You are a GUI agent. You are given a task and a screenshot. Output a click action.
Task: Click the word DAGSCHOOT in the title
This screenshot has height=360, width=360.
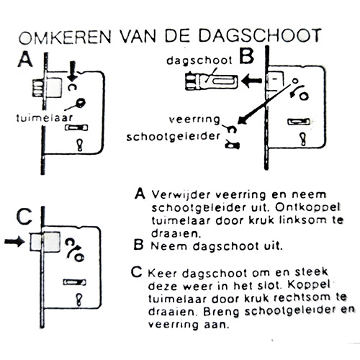pyautogui.click(x=260, y=36)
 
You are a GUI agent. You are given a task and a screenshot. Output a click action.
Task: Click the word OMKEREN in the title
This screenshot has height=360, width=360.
pyautogui.click(x=65, y=37)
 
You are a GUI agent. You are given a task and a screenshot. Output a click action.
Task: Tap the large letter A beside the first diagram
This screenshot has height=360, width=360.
pyautogui.click(x=25, y=60)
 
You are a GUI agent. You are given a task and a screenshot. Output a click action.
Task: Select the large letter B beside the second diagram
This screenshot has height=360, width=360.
pyautogui.click(x=246, y=56)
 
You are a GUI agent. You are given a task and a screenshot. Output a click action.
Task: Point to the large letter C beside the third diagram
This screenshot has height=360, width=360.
pyautogui.click(x=24, y=216)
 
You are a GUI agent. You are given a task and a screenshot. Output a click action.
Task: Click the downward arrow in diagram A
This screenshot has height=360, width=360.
pyautogui.click(x=73, y=71)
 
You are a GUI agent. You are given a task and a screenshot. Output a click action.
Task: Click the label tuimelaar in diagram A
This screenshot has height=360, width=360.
pyautogui.click(x=45, y=118)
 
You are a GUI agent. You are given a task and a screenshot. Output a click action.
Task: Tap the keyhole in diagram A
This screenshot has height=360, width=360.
pyautogui.click(x=80, y=145)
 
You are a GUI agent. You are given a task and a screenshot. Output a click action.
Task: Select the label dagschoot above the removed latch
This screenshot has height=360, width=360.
pyautogui.click(x=199, y=60)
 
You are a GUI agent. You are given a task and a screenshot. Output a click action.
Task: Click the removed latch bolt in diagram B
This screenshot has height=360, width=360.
pyautogui.click(x=212, y=81)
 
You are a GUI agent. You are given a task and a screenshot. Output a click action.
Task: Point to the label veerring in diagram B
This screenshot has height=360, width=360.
pyautogui.click(x=194, y=120)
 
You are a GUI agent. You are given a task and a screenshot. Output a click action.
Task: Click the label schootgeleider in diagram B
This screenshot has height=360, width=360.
pyautogui.click(x=174, y=137)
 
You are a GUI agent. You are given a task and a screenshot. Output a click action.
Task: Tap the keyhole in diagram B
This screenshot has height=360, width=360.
pyautogui.click(x=303, y=139)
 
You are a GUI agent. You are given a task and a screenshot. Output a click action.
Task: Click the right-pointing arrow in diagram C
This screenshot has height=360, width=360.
pyautogui.click(x=14, y=241)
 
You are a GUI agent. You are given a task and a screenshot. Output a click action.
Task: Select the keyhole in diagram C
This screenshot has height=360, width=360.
pyautogui.click(x=79, y=300)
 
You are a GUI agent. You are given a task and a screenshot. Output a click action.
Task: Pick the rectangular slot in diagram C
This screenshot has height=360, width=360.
pyautogui.click(x=75, y=282)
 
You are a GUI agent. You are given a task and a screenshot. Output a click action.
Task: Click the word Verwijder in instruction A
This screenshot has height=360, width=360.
pyautogui.click(x=181, y=194)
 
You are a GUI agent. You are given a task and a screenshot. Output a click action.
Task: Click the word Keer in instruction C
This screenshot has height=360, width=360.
pyautogui.click(x=163, y=274)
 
